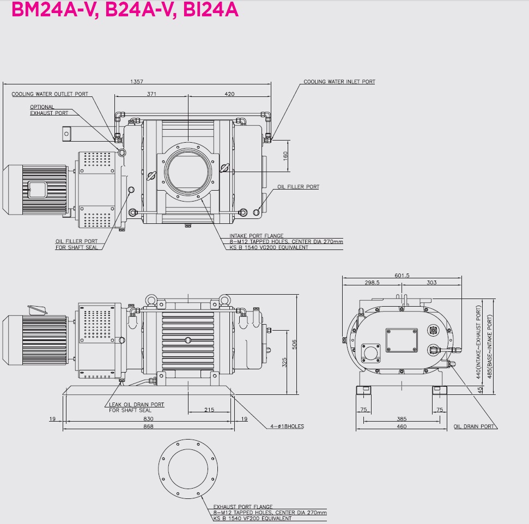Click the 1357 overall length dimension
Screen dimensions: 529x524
[x=137, y=82]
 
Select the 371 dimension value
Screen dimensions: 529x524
[x=151, y=94]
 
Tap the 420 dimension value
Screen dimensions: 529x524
[x=229, y=94]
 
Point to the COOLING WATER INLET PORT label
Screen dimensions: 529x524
[x=339, y=82]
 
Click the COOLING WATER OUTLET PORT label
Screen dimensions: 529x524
[x=50, y=94]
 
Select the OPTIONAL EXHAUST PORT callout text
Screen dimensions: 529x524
[x=49, y=110]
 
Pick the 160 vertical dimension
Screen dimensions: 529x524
[x=285, y=156]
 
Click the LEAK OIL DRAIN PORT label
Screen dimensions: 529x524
[x=137, y=405]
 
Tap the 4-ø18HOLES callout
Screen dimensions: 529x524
[x=287, y=426]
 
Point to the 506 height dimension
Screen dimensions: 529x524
[x=294, y=344]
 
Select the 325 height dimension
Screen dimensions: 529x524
[x=284, y=363]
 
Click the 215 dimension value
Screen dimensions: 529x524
[x=209, y=410]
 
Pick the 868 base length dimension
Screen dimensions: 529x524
[x=148, y=426]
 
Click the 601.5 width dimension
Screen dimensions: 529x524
[x=402, y=276]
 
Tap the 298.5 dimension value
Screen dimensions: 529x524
[x=372, y=283]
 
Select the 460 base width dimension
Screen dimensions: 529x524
[x=402, y=426]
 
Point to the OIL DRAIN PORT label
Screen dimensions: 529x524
[x=474, y=426]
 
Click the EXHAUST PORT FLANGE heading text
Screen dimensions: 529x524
[x=243, y=507]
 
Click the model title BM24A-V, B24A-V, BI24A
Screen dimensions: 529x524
[x=125, y=9]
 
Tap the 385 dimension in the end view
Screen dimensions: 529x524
[x=402, y=419]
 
